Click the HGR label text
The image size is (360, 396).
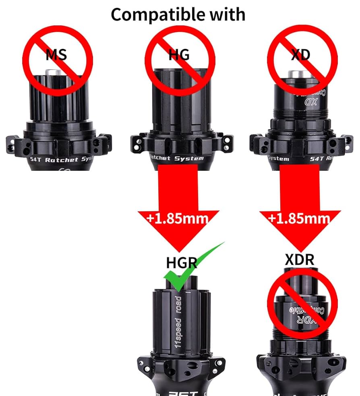tap(181, 262)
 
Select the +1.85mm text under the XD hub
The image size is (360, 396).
tap(299, 218)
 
